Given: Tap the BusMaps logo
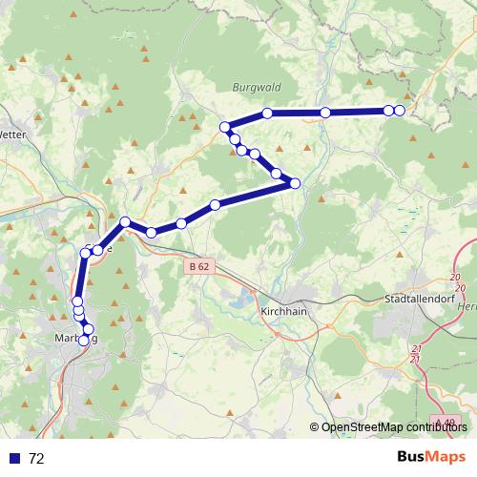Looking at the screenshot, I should coord(431,457).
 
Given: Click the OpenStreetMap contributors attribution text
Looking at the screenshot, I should coord(393,427).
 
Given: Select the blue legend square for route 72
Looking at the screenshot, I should coord(14,458).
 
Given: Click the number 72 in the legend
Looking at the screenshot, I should coord(36,458).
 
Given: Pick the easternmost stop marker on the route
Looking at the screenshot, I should coord(399,112).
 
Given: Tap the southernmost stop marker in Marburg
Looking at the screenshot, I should coord(83,341).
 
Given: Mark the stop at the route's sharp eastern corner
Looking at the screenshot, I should coord(295,183).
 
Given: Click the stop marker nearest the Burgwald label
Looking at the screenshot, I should coord(267,114).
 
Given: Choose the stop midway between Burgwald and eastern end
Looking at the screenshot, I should coord(325,113).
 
